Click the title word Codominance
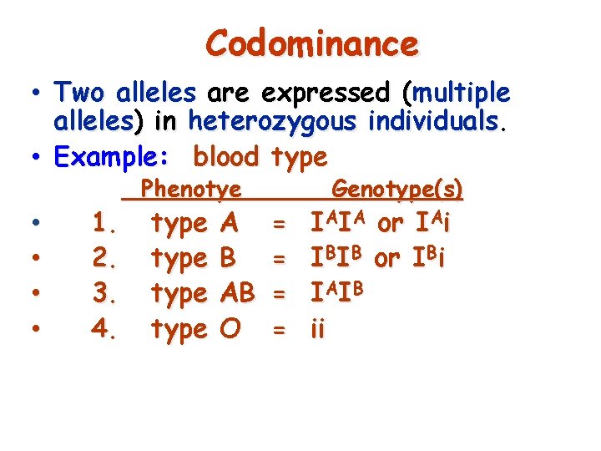coord(311,43)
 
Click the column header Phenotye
coord(191,190)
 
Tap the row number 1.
coord(104,224)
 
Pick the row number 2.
coord(104,259)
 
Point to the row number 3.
coord(104,294)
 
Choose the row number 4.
coord(104,329)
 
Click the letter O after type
coord(226,329)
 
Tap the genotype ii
coord(318,329)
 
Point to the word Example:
coord(116,156)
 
